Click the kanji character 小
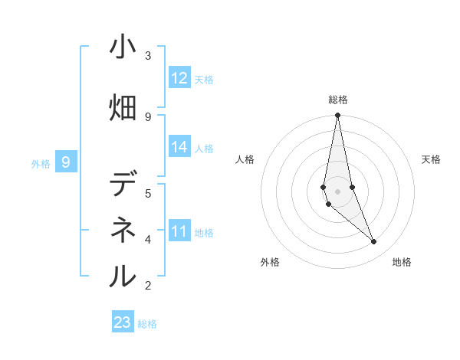click(x=123, y=48)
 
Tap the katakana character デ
click(x=123, y=185)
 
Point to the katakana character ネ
click(x=123, y=230)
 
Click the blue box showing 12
click(x=179, y=77)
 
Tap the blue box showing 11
click(x=179, y=231)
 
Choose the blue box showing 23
click(x=123, y=322)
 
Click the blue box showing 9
click(x=67, y=162)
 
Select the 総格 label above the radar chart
click(x=338, y=100)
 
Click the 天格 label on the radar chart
click(x=432, y=159)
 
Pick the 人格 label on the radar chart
click(x=245, y=159)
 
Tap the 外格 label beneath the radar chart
click(x=270, y=262)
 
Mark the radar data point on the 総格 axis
click(x=338, y=116)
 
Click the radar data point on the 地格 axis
click(x=374, y=242)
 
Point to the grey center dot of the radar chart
click(x=338, y=191)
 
